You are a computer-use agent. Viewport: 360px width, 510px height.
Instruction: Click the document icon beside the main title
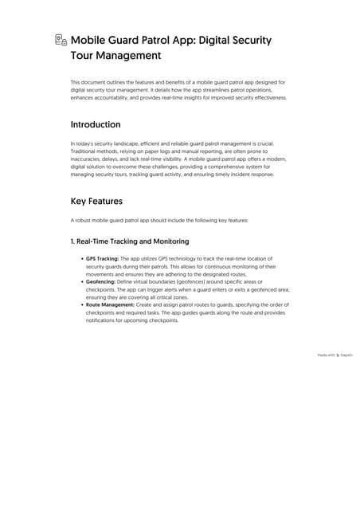(x=61, y=40)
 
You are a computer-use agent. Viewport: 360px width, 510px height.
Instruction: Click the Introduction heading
(x=96, y=125)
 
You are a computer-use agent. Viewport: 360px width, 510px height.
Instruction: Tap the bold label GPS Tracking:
(x=102, y=259)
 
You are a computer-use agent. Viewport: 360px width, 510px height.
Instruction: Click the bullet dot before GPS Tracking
(x=82, y=259)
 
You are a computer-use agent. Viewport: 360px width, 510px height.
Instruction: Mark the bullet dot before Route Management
(x=82, y=304)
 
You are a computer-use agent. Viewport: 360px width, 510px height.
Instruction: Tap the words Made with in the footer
(x=326, y=355)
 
